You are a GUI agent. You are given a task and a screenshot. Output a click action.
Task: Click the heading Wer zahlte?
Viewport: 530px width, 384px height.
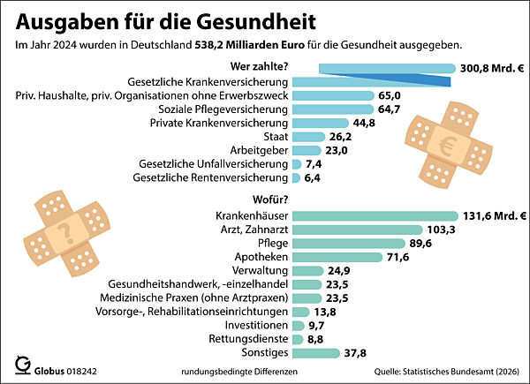coord(261,64)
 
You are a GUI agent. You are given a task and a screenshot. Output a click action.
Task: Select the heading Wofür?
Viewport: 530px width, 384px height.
coord(271,200)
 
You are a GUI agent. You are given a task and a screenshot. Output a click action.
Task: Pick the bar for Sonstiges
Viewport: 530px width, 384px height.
coord(315,353)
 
